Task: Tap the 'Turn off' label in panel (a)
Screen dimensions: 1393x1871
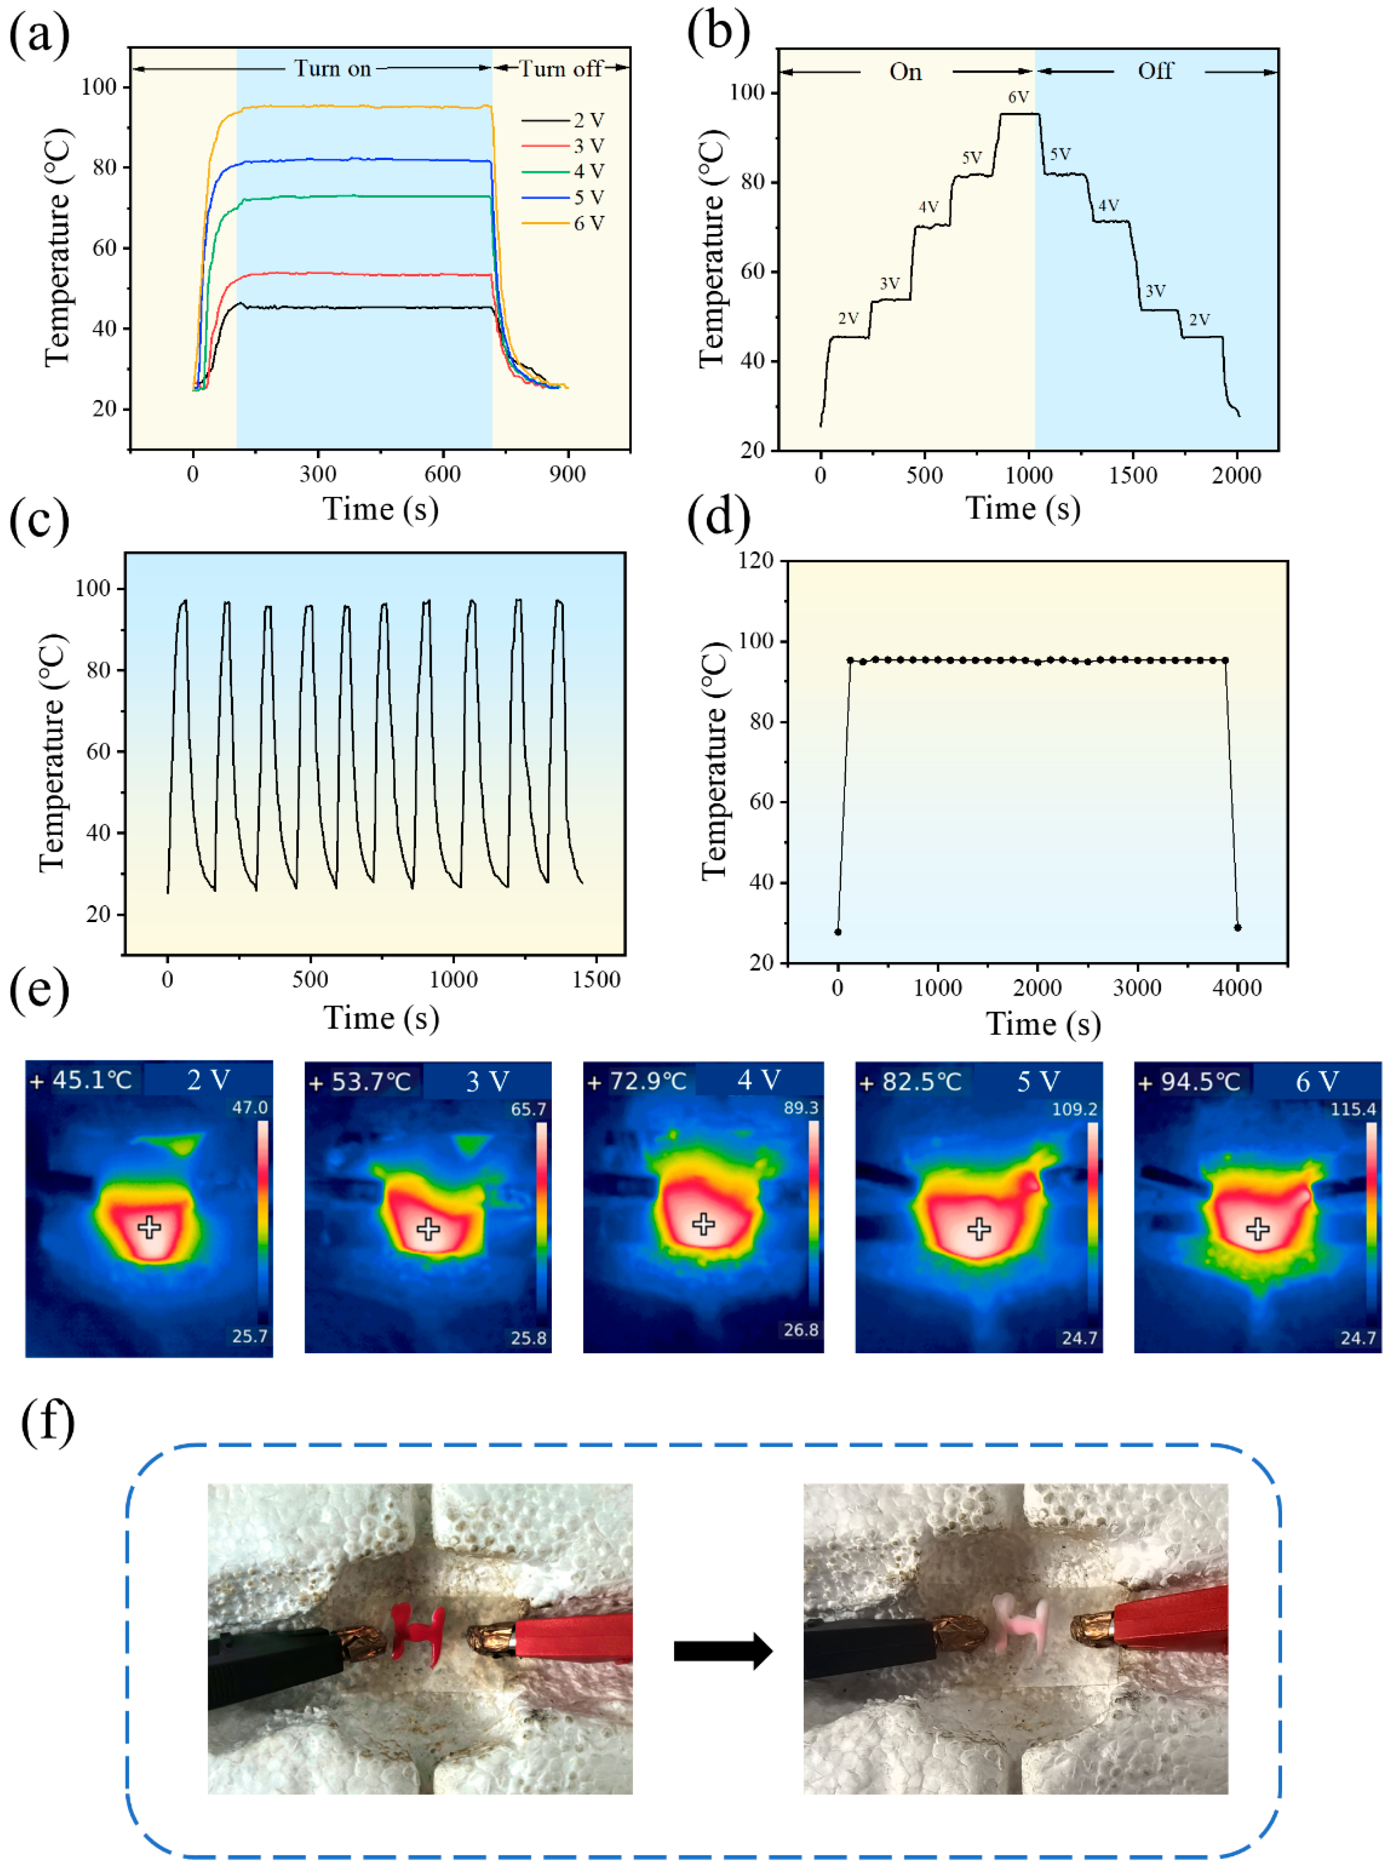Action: coord(560,68)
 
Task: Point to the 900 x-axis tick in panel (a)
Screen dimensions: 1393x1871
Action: coord(567,474)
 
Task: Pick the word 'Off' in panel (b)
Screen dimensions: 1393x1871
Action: coord(1155,71)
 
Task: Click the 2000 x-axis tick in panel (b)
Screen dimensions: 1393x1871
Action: coord(1237,475)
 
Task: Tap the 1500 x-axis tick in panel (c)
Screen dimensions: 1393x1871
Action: coord(596,979)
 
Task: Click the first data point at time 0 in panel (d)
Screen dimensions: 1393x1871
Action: coord(837,932)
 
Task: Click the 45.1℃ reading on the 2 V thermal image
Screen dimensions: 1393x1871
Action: coord(92,1080)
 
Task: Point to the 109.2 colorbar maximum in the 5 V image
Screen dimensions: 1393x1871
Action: coord(1074,1109)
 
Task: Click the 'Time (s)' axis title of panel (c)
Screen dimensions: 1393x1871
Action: coord(381,1017)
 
